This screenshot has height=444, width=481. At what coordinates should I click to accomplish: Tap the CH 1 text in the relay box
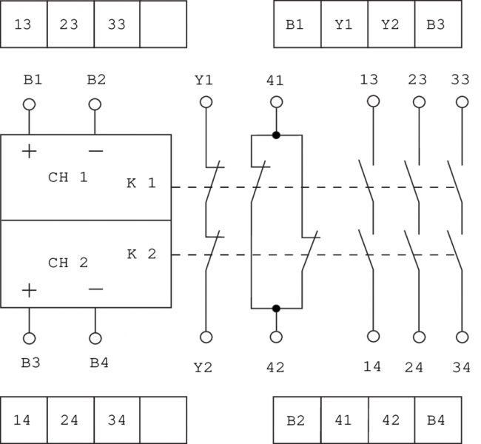(68, 178)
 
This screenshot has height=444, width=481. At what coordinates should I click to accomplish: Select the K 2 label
(141, 254)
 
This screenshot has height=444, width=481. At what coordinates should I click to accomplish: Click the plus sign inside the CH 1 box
(29, 151)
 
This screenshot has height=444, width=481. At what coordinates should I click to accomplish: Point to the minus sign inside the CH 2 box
(95, 289)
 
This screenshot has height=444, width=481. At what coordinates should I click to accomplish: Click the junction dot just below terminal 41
(276, 135)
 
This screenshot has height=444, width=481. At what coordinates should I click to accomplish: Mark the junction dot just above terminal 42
(276, 308)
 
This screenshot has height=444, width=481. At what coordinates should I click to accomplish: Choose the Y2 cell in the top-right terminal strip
(391, 24)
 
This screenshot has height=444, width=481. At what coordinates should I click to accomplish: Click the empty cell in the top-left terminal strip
(163, 24)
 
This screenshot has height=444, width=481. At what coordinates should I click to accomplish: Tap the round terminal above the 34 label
(462, 337)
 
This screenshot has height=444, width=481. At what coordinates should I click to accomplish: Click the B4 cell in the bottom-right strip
(437, 420)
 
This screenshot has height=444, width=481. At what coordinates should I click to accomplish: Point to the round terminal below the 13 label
(372, 101)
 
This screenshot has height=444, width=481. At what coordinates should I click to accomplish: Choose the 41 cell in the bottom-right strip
(343, 420)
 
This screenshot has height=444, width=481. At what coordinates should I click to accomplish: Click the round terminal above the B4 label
(95, 338)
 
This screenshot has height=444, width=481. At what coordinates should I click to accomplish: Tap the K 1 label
(141, 183)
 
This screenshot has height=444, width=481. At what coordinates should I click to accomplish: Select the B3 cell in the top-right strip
(437, 24)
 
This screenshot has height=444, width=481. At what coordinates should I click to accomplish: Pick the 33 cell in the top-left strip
(117, 24)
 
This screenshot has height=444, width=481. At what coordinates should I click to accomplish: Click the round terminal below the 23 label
(417, 101)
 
